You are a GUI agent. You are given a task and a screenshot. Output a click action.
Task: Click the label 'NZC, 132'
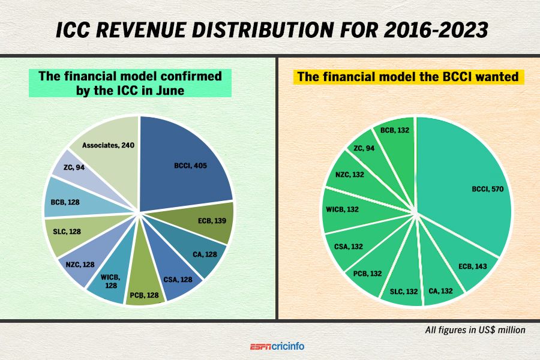click(351, 175)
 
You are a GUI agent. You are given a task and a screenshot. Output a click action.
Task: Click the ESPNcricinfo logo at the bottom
click(281, 346)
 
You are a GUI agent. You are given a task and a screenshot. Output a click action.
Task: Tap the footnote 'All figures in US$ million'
click(475, 329)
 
